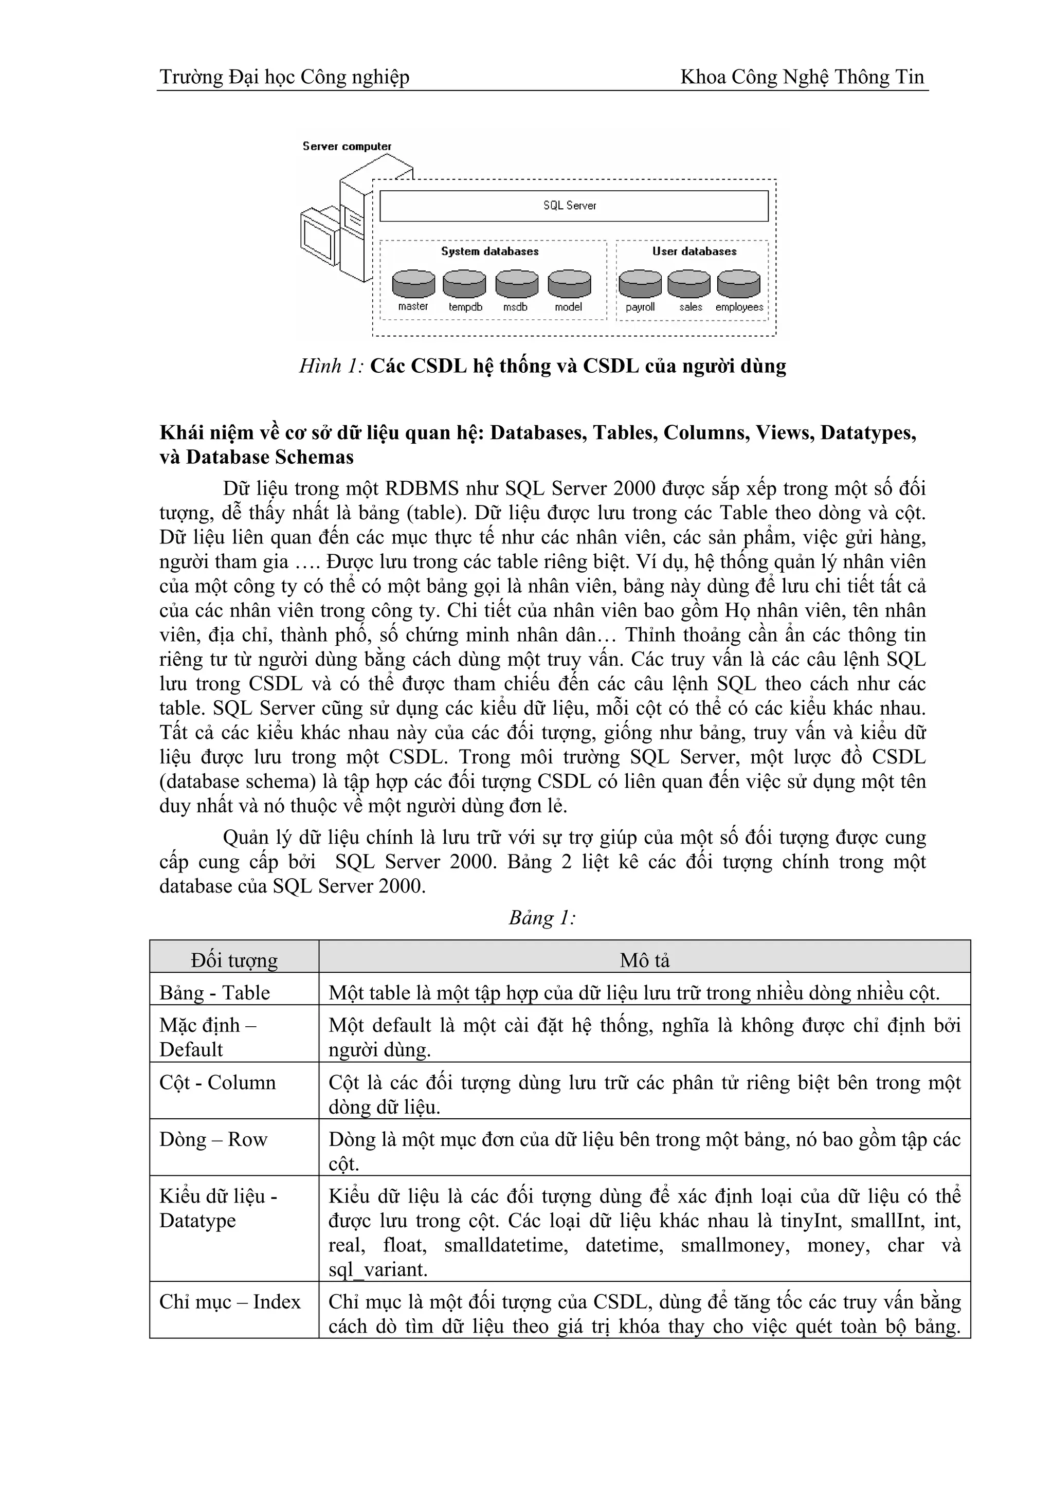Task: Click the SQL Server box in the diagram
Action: [x=573, y=206]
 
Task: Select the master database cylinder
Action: [x=413, y=284]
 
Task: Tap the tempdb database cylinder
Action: [x=464, y=284]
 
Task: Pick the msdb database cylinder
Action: [x=516, y=284]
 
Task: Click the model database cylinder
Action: [x=569, y=284]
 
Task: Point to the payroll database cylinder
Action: [x=640, y=284]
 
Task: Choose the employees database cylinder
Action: [x=738, y=284]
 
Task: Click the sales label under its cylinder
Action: [x=691, y=307]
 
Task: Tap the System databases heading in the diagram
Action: [x=490, y=251]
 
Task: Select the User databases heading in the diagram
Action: [x=694, y=251]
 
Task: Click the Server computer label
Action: [x=347, y=147]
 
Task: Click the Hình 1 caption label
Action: [x=331, y=367]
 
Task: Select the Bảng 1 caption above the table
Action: [x=542, y=918]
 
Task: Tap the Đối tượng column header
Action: [x=234, y=960]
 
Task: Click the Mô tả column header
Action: [x=644, y=960]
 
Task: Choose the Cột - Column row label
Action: [x=218, y=1082]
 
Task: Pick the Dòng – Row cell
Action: [x=213, y=1139]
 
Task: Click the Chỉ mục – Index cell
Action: [x=230, y=1301]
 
